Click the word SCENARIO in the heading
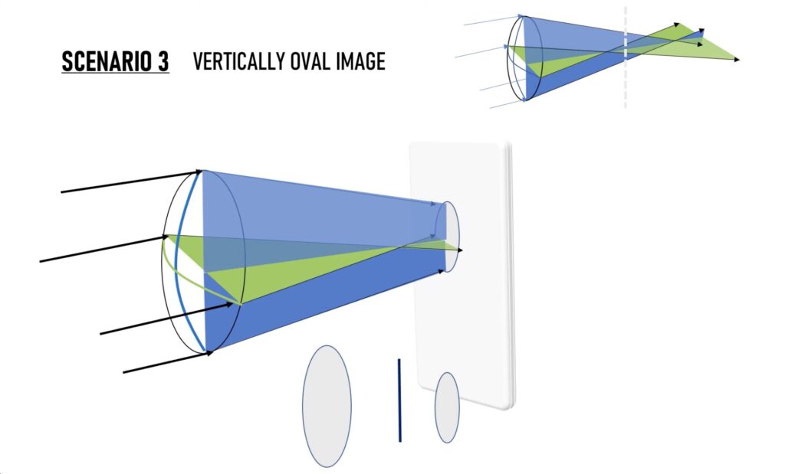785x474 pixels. [x=108, y=61]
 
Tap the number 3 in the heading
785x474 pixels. [x=164, y=61]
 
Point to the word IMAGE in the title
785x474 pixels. [x=361, y=61]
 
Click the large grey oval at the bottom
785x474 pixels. [x=327, y=406]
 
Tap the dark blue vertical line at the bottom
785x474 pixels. [x=399, y=400]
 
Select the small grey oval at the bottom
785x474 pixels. [x=447, y=407]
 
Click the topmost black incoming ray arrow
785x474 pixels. [x=132, y=181]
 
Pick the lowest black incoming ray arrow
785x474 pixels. [x=168, y=362]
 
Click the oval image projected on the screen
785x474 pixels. [x=447, y=237]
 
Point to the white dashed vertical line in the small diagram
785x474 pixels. [x=625, y=57]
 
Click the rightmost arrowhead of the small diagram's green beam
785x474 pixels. [x=737, y=60]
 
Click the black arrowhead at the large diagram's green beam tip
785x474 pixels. [x=460, y=250]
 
